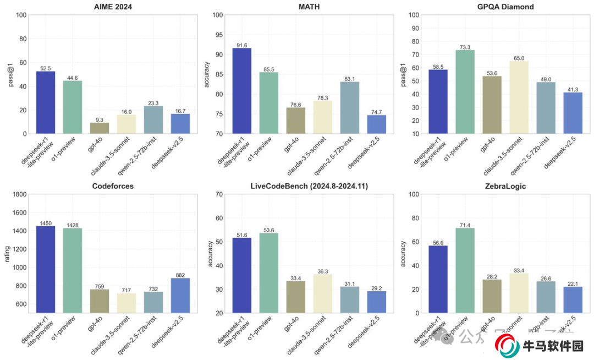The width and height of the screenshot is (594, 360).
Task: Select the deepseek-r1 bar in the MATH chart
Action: [x=242, y=91]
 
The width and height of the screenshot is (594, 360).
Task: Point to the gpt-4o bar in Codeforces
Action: [x=100, y=301]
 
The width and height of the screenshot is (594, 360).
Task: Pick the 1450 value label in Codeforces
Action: [x=46, y=223]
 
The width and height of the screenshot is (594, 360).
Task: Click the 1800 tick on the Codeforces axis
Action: [x=19, y=194]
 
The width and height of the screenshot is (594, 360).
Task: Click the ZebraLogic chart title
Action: [x=506, y=186]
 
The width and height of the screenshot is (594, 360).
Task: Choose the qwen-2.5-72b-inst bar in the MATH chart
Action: [x=350, y=107]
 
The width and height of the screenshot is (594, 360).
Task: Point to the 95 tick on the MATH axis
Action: [x=218, y=35]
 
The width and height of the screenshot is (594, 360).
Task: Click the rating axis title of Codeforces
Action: [x=7, y=254]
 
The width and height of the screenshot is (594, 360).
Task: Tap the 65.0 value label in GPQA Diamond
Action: [x=519, y=58]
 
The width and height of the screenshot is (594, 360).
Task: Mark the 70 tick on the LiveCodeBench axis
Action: [x=218, y=194]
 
